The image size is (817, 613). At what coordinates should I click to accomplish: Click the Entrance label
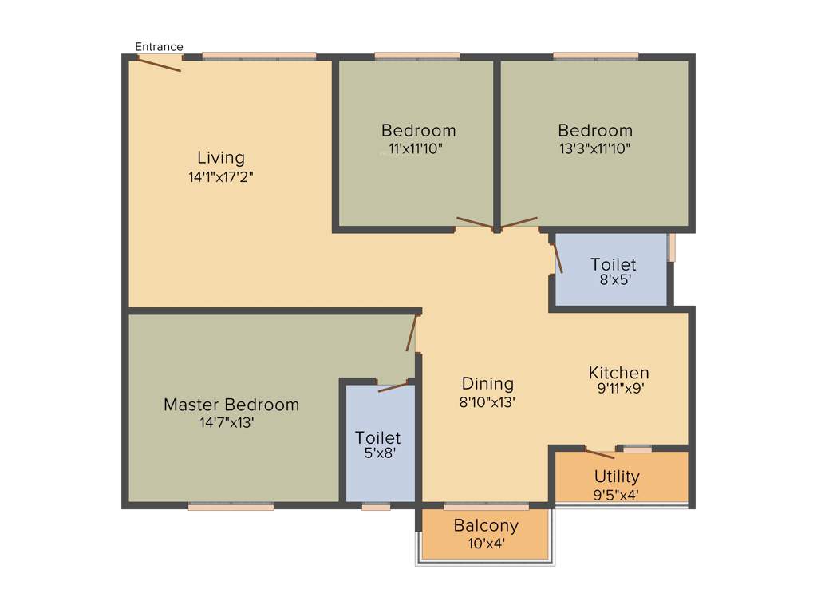(x=159, y=47)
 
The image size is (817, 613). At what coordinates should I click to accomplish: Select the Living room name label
(x=221, y=158)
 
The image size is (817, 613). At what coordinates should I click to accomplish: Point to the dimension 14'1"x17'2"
(x=221, y=177)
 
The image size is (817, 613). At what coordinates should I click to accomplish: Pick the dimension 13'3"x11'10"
(x=594, y=148)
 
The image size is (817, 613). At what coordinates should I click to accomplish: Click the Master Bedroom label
(x=231, y=405)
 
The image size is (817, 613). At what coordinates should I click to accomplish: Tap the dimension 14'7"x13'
(x=227, y=423)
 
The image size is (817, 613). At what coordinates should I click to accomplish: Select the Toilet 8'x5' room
(x=612, y=271)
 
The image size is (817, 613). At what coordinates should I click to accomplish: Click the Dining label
(x=487, y=384)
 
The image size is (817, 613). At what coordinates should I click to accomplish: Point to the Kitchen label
(x=618, y=373)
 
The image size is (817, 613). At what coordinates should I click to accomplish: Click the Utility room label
(x=617, y=477)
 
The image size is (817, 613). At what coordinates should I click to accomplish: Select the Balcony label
(x=486, y=526)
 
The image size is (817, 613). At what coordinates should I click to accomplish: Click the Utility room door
(x=599, y=454)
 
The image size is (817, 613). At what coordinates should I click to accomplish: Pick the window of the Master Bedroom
(x=231, y=506)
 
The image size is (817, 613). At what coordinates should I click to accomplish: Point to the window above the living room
(x=259, y=56)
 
